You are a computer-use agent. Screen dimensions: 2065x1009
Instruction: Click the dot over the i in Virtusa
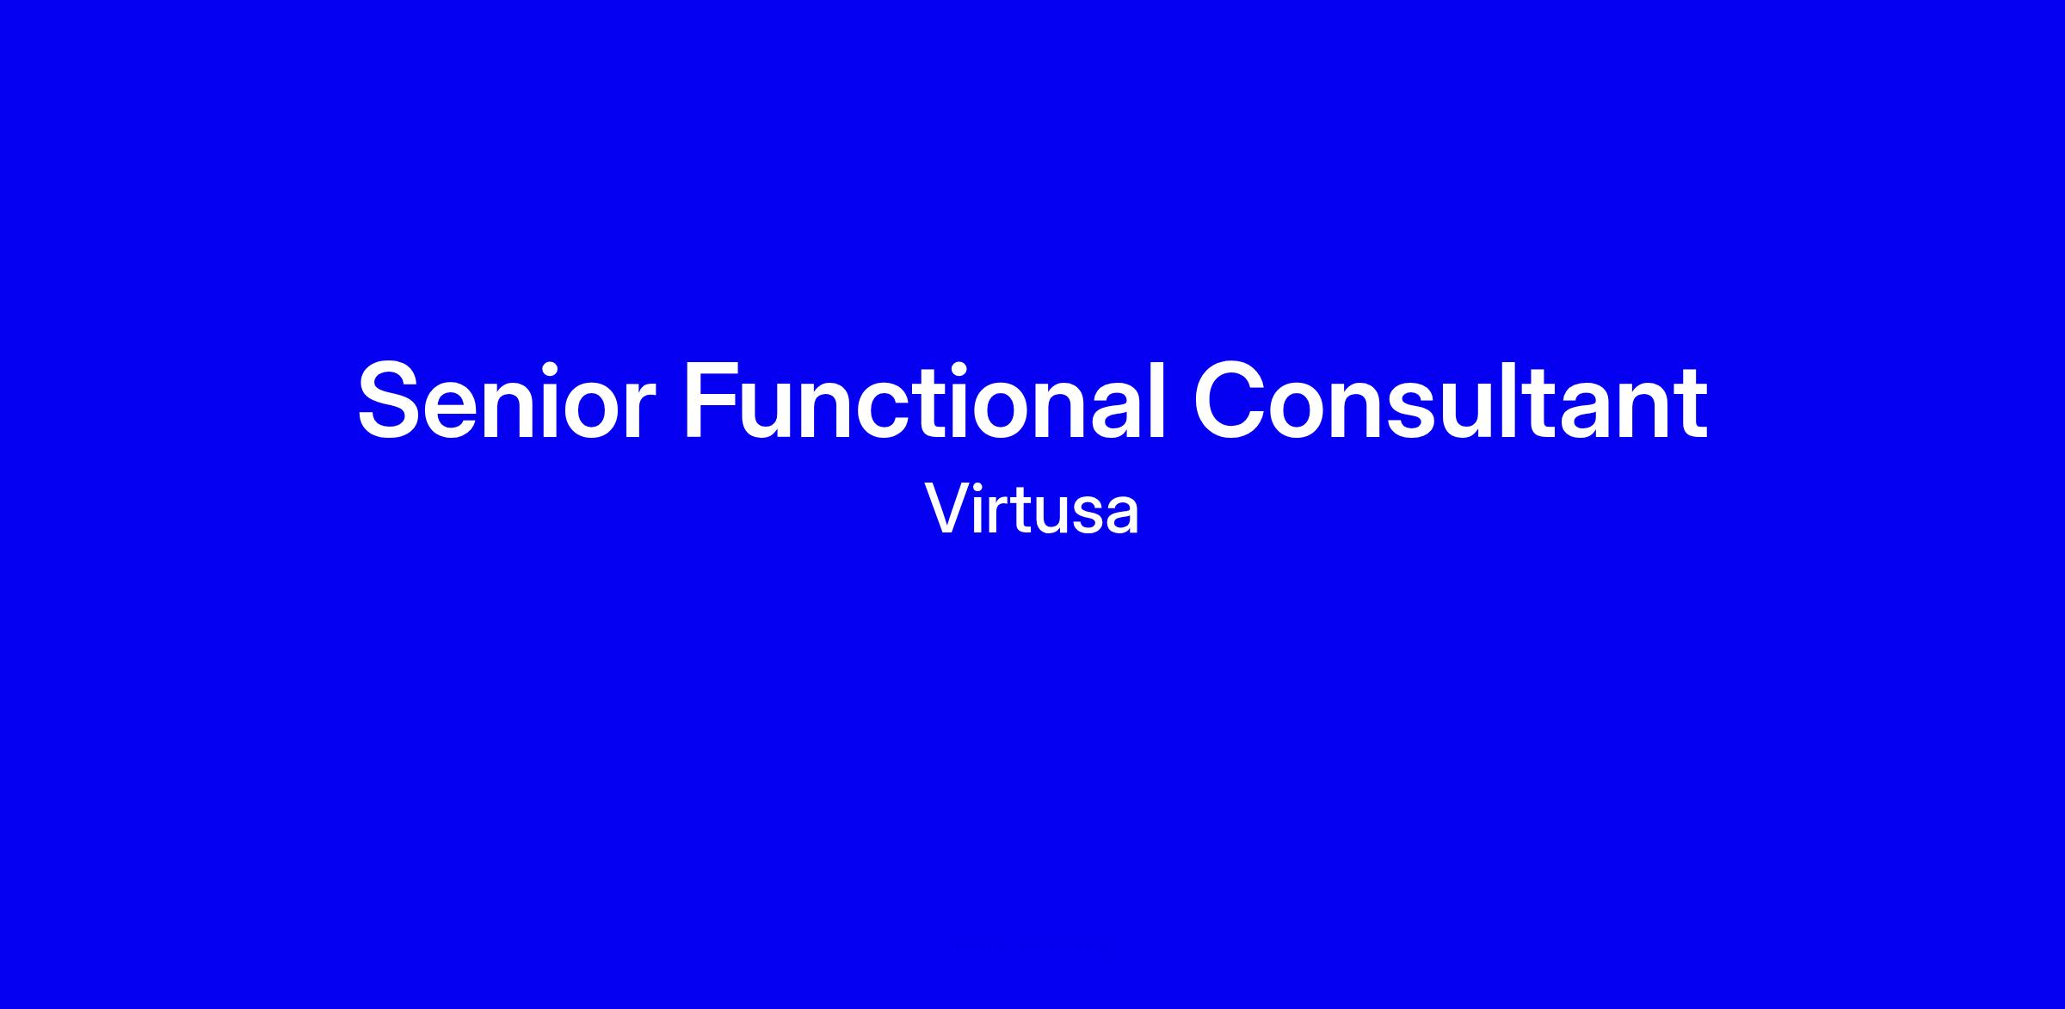coord(983,488)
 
